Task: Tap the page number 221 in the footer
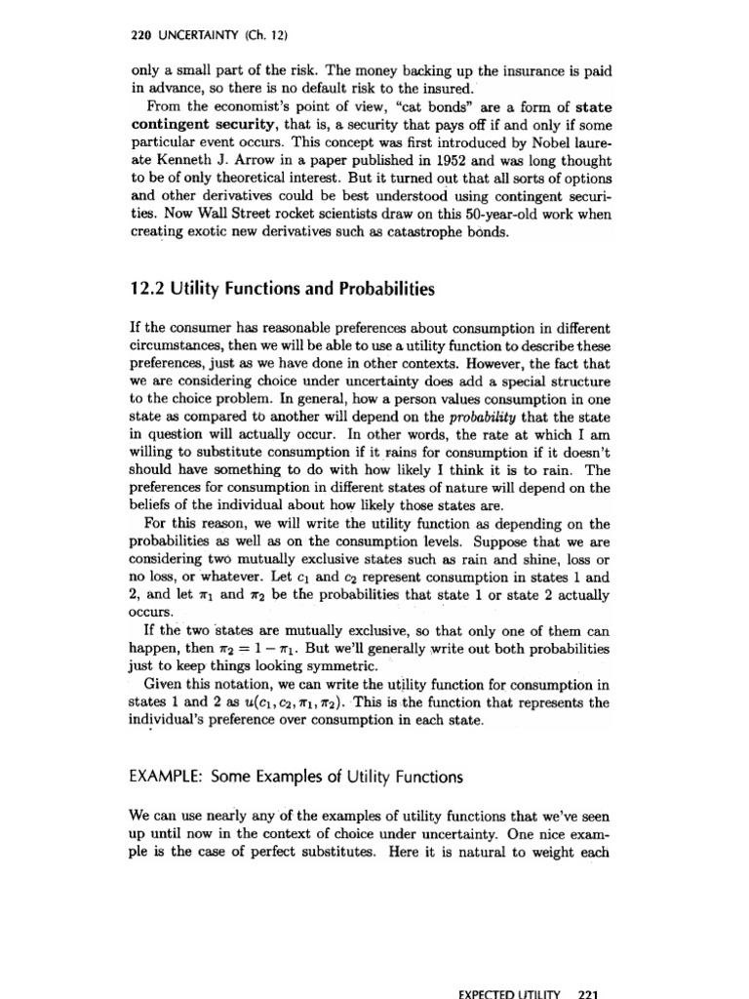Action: (586, 990)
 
